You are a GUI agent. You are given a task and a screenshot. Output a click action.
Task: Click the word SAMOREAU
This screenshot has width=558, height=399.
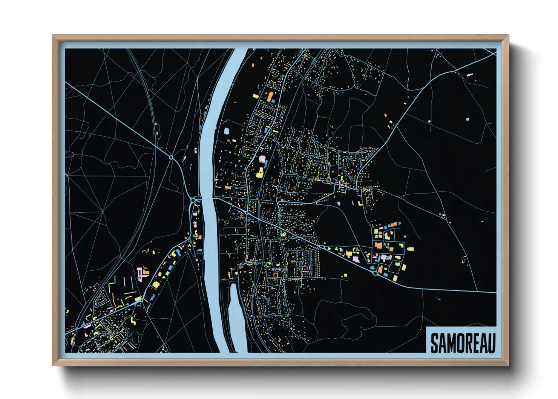[463, 343]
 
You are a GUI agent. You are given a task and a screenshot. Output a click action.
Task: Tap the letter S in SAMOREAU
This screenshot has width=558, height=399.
[434, 343]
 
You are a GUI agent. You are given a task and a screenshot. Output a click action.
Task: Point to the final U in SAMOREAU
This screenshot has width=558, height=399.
[491, 343]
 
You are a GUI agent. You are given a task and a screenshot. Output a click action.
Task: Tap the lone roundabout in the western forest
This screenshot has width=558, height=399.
[171, 157]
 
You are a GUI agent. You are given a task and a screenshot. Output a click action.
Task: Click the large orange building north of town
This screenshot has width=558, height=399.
[270, 97]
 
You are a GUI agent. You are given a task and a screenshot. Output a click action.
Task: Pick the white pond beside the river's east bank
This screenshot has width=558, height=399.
[227, 131]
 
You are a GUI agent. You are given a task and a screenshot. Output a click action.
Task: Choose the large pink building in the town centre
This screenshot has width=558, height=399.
[262, 159]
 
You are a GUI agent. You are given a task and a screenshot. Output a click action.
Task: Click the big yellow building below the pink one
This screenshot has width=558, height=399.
[259, 173]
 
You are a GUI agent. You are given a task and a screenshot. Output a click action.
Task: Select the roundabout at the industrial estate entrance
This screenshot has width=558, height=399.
[375, 273]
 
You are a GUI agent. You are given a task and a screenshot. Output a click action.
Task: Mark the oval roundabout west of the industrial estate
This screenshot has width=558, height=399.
[320, 246]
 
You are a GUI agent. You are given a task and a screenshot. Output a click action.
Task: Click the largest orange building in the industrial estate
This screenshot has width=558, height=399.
[378, 245]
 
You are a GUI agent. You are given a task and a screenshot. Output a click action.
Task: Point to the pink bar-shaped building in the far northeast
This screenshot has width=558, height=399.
[469, 75]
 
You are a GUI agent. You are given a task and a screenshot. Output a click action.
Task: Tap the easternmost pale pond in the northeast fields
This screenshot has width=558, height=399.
[468, 119]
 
